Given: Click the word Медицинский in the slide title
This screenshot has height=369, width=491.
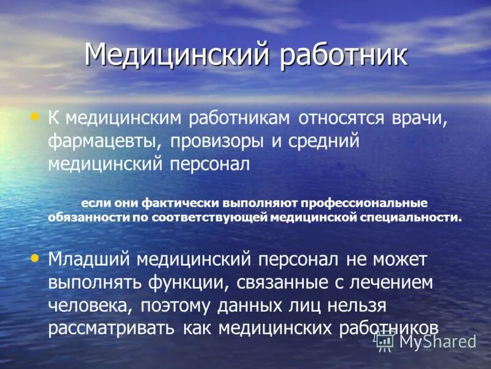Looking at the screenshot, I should pyautogui.click(x=177, y=55).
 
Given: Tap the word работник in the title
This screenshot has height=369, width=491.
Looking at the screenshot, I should pyautogui.click(x=344, y=55).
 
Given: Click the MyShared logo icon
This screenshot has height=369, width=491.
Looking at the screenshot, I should pyautogui.click(x=385, y=340).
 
